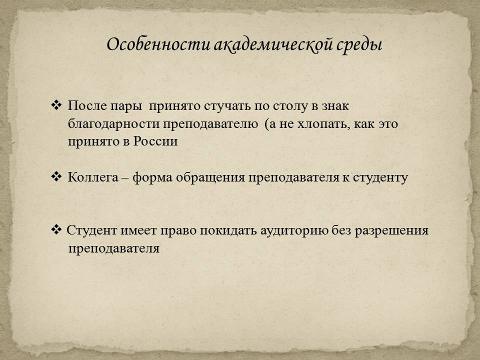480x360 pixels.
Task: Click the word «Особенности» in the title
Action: click(x=158, y=44)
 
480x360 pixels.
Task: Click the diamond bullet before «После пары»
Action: click(x=56, y=105)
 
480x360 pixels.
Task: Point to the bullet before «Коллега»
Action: click(x=56, y=176)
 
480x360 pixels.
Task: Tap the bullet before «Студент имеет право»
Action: click(x=56, y=229)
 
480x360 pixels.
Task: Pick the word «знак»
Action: click(x=335, y=106)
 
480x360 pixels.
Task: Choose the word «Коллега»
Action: click(x=93, y=177)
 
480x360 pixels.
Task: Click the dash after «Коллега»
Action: click(x=125, y=178)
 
